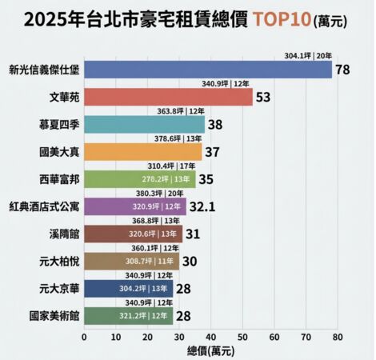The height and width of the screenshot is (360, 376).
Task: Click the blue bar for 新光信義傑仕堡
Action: pyautogui.click(x=207, y=70)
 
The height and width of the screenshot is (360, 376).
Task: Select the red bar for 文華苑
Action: pyautogui.click(x=168, y=98)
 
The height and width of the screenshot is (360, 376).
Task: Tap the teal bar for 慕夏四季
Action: pyautogui.click(x=144, y=125)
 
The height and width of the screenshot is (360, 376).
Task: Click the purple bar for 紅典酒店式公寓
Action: pyautogui.click(x=134, y=207)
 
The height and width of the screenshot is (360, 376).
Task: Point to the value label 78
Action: pyautogui.click(x=343, y=70)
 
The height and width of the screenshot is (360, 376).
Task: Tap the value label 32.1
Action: pyautogui.click(x=202, y=207)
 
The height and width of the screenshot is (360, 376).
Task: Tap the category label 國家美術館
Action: pyautogui.click(x=54, y=317)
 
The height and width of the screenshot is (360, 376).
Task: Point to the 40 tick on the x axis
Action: pyautogui.click(x=211, y=337)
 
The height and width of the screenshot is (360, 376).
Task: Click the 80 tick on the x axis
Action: pyautogui.click(x=338, y=337)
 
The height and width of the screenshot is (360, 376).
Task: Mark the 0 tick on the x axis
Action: pyautogui.click(x=84, y=337)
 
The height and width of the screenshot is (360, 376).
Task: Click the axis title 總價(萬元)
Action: pyautogui.click(x=211, y=350)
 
